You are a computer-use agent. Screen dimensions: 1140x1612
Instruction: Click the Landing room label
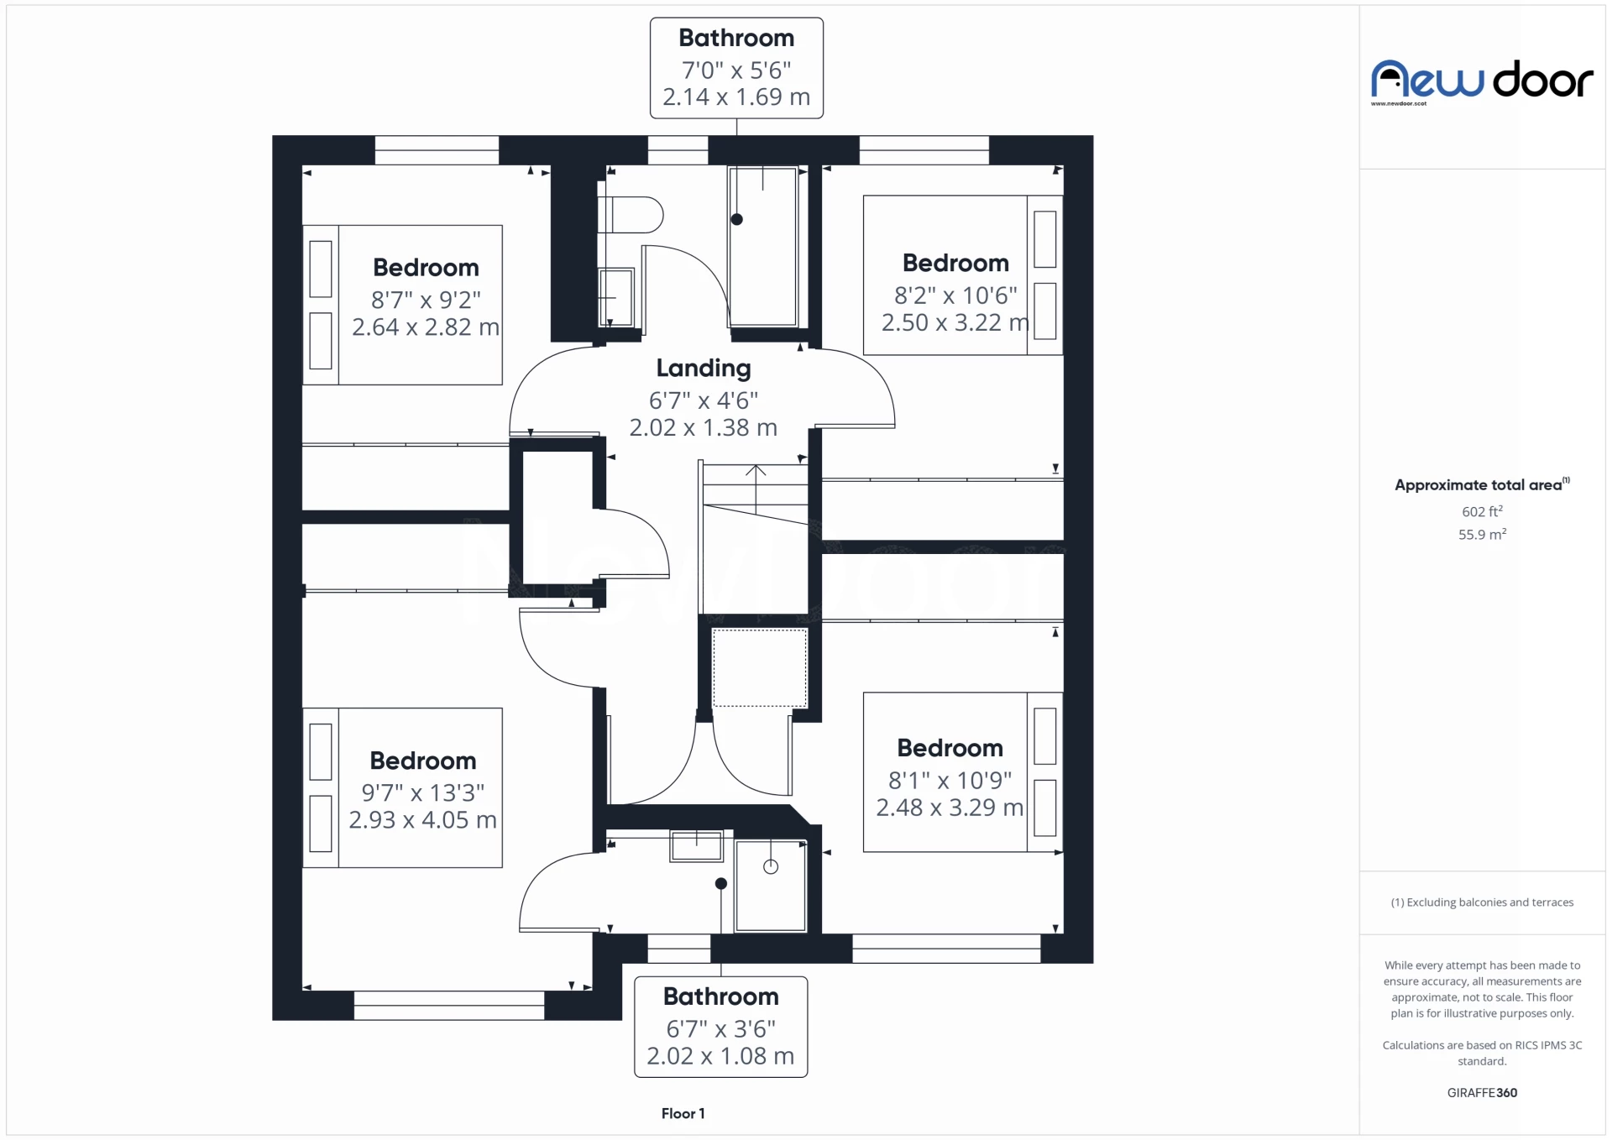704,368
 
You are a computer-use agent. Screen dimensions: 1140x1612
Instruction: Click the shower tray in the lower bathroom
770,886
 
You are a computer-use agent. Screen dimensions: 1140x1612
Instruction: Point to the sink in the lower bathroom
696,845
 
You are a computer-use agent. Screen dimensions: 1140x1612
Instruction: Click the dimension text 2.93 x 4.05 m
422,820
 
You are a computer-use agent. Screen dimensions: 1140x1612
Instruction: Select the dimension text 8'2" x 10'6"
955,295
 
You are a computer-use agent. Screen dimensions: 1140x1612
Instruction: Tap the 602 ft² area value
1482,511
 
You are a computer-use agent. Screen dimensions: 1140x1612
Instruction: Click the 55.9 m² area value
1482,534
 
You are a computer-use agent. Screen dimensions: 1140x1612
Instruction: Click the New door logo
1482,81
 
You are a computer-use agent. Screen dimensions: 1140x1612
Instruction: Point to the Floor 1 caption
683,1113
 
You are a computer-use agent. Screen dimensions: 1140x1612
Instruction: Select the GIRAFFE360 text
1482,1092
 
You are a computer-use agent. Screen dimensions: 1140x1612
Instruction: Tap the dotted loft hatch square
760,668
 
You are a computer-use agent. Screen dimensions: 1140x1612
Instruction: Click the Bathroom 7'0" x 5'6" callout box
736,68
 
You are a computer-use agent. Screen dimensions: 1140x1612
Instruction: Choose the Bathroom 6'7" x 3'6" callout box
720,1026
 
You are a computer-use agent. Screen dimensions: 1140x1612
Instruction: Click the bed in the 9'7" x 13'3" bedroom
403,787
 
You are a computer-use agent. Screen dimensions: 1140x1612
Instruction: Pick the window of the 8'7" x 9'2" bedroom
437,150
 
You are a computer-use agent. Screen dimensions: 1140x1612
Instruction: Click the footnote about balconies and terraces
1482,902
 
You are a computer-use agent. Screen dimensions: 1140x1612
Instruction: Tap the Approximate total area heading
1479,485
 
